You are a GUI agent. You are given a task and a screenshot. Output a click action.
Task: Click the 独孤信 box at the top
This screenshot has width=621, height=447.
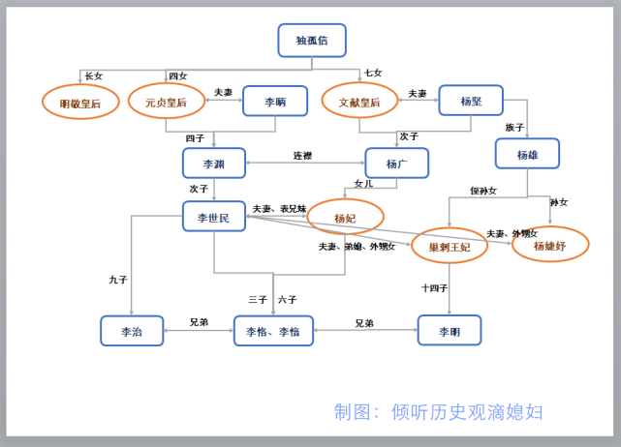click(x=311, y=41)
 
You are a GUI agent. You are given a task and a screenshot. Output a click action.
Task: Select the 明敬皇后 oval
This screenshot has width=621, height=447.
click(x=80, y=102)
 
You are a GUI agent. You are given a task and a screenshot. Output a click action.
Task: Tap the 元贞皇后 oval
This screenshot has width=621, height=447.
click(x=166, y=101)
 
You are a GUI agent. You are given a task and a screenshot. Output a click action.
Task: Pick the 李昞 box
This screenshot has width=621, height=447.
click(x=274, y=101)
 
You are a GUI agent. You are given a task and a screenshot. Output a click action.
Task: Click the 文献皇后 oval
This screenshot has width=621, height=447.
click(x=359, y=101)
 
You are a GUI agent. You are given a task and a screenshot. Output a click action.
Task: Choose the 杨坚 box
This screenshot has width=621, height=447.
click(x=471, y=100)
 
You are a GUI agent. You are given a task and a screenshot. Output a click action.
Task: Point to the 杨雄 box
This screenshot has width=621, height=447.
click(x=527, y=154)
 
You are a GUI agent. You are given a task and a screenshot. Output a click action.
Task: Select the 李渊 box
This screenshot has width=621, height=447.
click(x=213, y=163)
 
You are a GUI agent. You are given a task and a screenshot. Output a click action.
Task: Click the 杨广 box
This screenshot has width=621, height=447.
click(x=396, y=163)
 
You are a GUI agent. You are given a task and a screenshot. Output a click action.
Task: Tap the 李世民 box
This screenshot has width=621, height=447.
click(x=213, y=217)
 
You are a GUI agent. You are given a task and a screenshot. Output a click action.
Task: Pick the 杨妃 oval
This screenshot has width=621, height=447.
click(x=346, y=217)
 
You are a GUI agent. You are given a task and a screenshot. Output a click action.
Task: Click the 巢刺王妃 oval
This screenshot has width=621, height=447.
click(x=450, y=246)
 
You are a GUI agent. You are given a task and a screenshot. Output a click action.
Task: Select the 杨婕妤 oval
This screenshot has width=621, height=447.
click(x=550, y=245)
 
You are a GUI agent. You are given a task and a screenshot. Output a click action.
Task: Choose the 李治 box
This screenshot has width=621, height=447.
click(x=132, y=331)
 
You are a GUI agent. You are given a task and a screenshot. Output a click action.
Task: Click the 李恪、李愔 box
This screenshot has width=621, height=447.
click(x=273, y=331)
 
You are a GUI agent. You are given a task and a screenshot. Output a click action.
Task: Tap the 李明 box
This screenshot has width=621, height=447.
click(x=449, y=331)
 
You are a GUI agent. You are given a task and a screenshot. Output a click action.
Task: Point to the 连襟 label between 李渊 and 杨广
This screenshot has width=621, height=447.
click(x=303, y=156)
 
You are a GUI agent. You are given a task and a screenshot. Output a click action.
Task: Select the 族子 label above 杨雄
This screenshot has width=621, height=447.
click(x=514, y=127)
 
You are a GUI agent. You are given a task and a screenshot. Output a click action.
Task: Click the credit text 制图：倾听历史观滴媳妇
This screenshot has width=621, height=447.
click(x=438, y=412)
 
